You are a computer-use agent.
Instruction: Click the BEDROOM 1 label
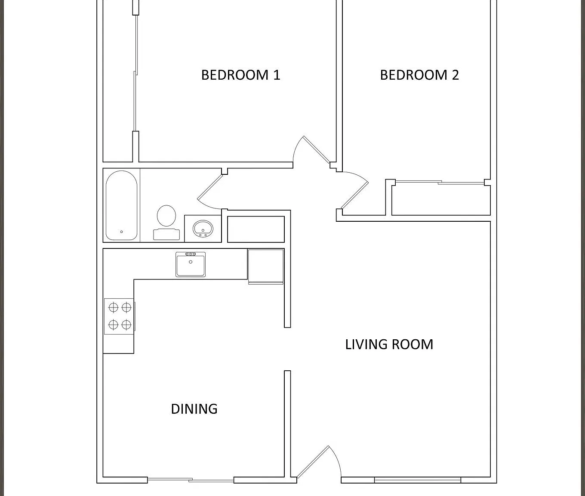(240, 75)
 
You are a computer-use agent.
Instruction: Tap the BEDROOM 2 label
(419, 75)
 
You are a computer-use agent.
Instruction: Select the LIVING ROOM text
(389, 344)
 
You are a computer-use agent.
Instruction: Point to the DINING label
(194, 409)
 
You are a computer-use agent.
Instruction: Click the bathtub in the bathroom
(121, 206)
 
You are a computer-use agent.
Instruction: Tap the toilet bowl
(166, 216)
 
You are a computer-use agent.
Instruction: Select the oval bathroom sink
(203, 228)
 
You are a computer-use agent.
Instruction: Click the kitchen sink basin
(191, 264)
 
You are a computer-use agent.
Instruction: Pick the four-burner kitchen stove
(119, 316)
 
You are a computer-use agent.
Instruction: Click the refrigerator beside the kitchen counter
(265, 266)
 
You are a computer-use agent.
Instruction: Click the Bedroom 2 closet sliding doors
(440, 183)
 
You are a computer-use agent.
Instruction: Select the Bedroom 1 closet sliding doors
(136, 73)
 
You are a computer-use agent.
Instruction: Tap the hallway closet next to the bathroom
(256, 229)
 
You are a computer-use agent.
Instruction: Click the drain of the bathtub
(122, 232)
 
